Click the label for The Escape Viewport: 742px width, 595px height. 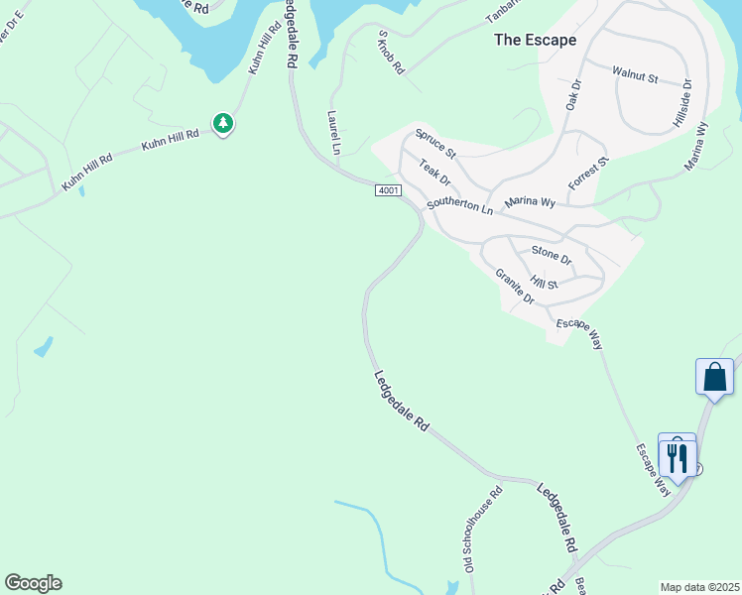[x=536, y=41]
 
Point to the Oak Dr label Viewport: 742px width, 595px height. [x=572, y=94]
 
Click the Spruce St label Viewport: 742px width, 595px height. [x=435, y=145]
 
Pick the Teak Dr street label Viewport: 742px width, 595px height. [x=434, y=173]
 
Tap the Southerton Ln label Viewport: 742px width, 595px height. [x=459, y=206]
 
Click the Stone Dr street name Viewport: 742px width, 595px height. [x=552, y=255]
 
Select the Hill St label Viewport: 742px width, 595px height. [x=545, y=284]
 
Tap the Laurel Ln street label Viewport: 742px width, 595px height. [x=333, y=132]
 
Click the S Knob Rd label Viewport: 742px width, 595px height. [x=392, y=53]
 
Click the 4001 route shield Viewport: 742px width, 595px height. [x=388, y=190]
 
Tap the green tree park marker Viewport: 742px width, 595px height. [x=224, y=123]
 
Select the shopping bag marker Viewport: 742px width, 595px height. [x=714, y=378]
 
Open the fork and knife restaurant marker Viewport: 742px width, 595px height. [x=678, y=456]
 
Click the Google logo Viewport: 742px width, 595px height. [x=33, y=583]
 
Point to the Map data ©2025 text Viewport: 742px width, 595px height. [x=699, y=587]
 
